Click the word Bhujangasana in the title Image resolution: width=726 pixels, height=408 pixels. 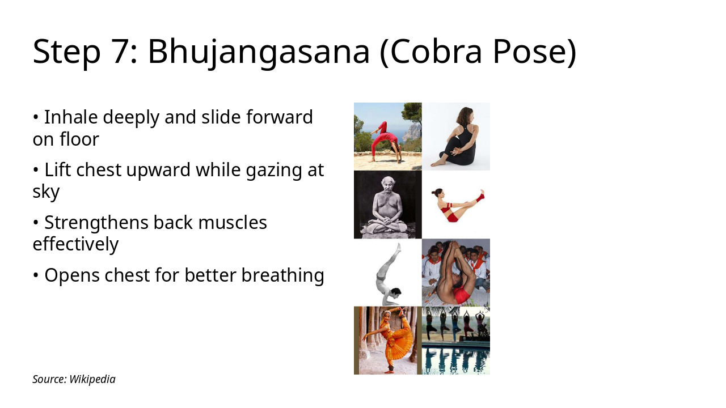coord(258,52)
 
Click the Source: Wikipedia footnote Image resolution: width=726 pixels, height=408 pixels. coord(74,379)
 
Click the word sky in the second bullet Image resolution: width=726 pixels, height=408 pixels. coord(46,192)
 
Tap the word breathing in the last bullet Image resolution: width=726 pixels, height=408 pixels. coord(282,275)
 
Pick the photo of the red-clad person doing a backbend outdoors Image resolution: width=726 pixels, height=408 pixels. coord(388,137)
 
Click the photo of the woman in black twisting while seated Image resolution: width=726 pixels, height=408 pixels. coord(456,137)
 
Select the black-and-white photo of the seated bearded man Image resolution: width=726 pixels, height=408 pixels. coord(388,205)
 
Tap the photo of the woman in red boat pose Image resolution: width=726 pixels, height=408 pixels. coord(456,205)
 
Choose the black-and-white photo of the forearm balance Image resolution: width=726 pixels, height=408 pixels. coord(388,273)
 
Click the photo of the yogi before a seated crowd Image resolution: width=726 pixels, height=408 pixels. coord(456,273)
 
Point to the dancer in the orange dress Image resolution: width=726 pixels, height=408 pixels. coord(388,341)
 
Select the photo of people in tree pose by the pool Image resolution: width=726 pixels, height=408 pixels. coord(456,341)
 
